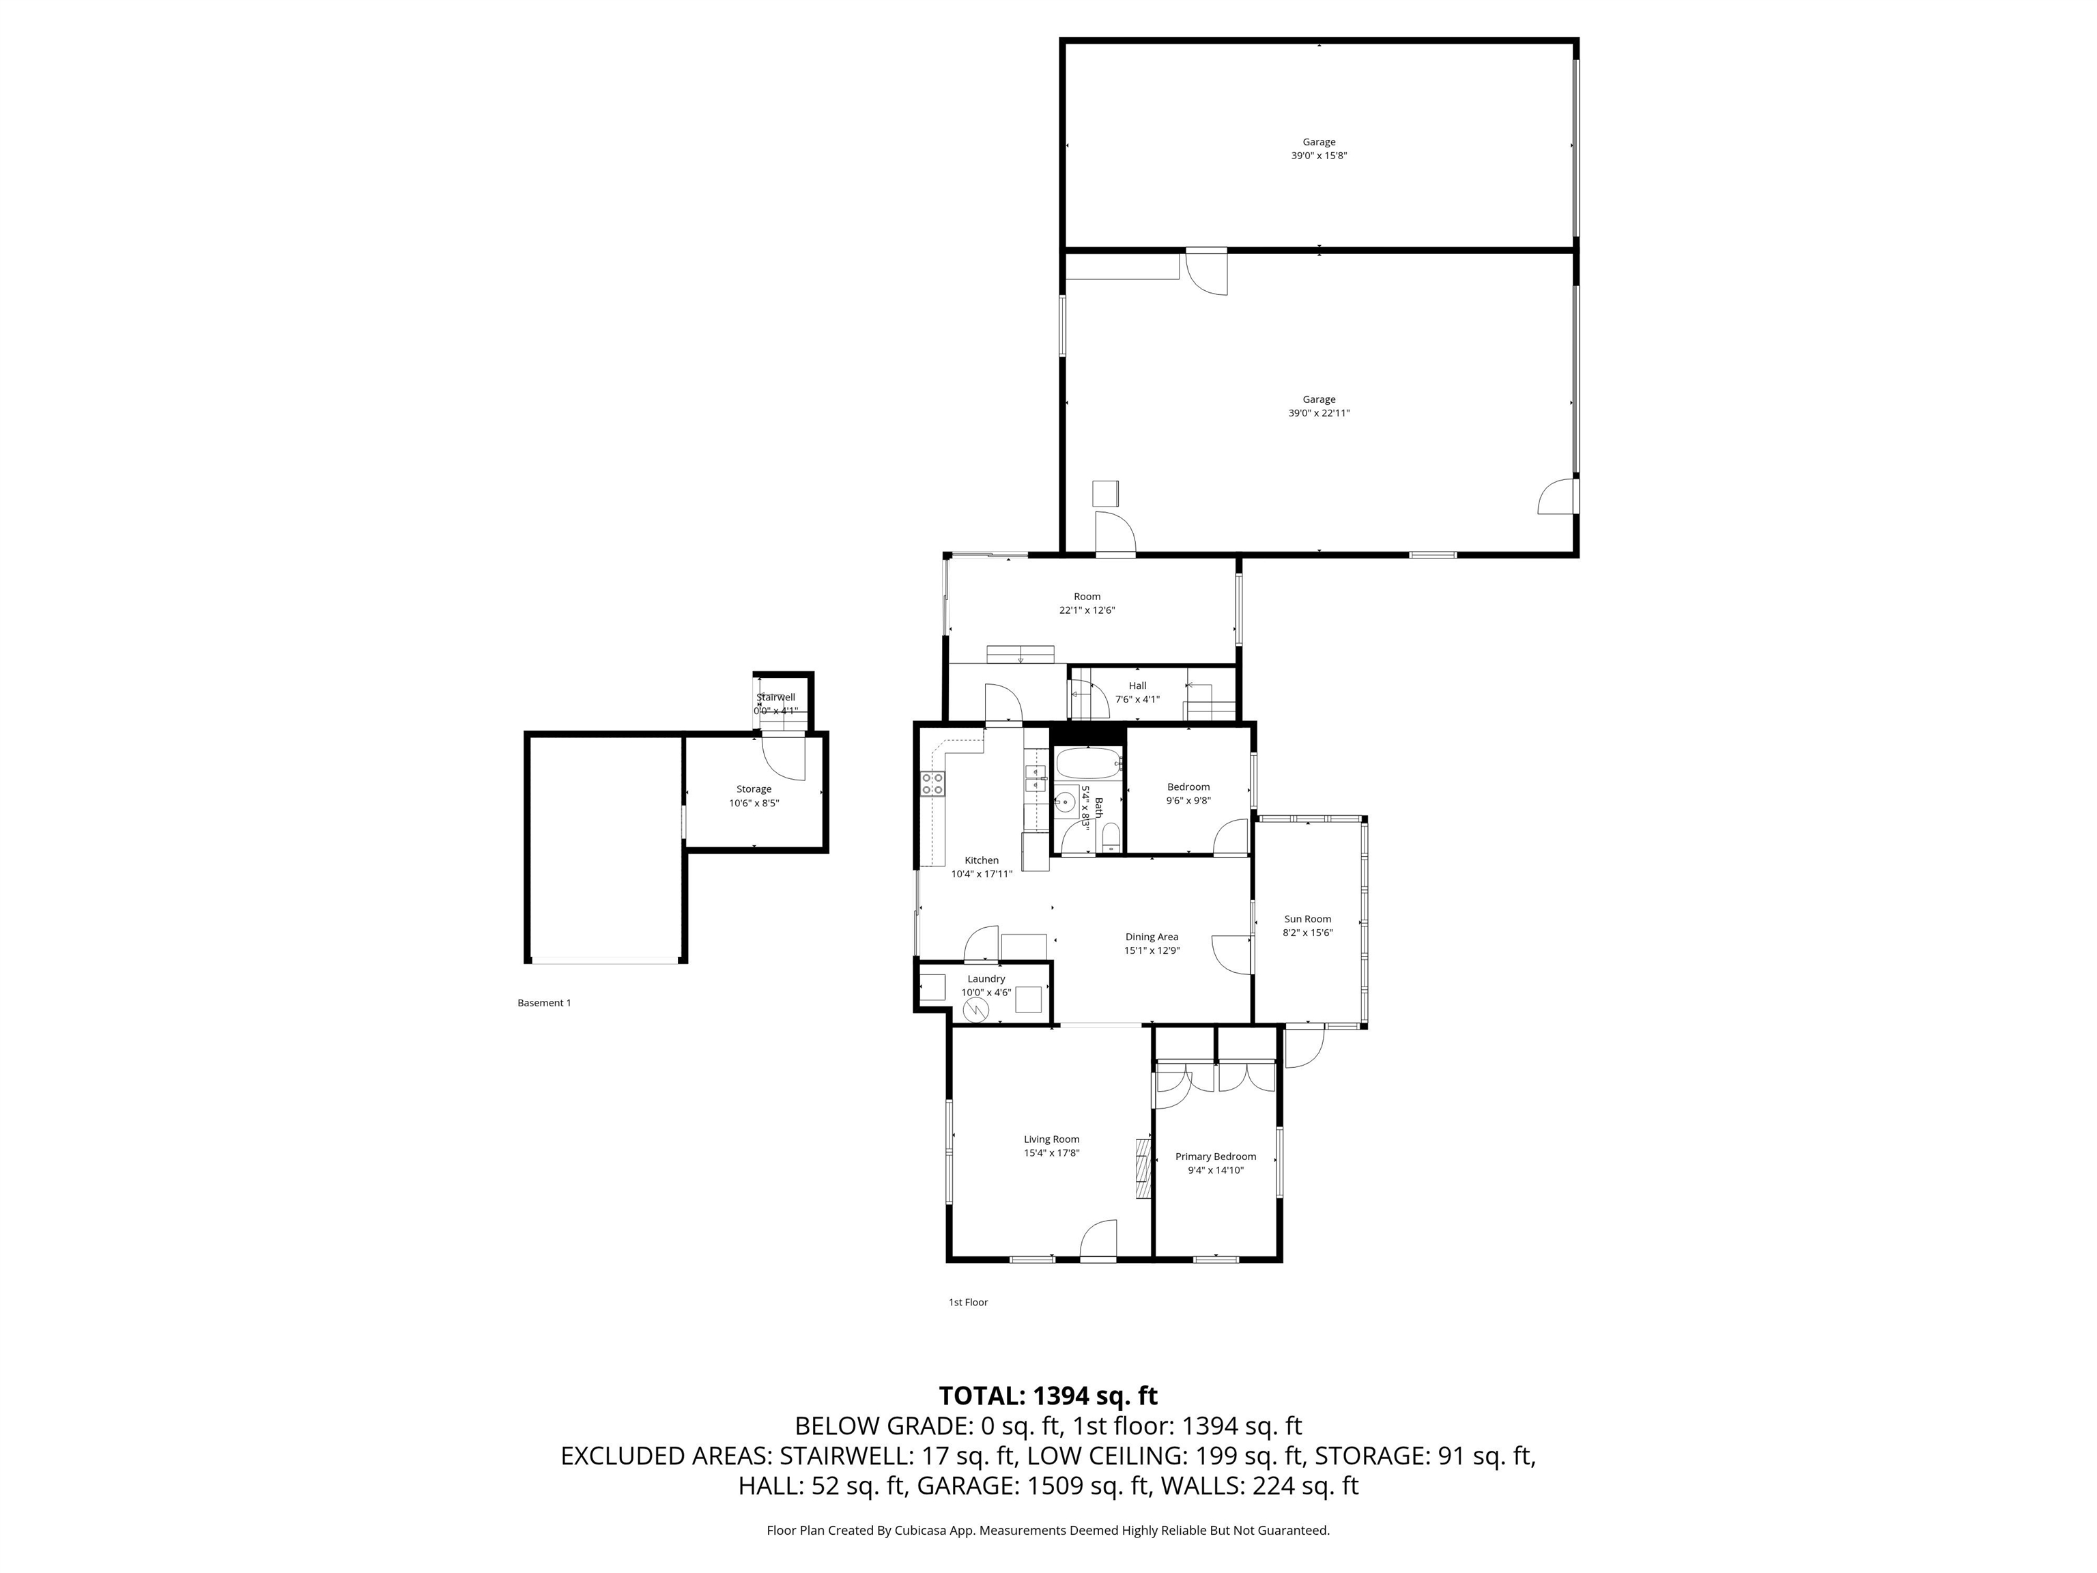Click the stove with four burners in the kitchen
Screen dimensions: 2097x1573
click(933, 783)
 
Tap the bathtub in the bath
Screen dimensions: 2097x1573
click(1088, 763)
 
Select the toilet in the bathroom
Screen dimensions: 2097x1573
click(1112, 839)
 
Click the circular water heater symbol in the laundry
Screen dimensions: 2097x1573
click(975, 1010)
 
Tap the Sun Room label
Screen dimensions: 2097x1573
click(1307, 919)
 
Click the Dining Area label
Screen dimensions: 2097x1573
click(1152, 937)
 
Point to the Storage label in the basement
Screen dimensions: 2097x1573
click(754, 789)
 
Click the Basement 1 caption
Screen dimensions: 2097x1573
click(544, 1002)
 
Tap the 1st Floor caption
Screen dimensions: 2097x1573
click(968, 1302)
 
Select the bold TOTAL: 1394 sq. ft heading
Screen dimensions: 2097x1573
click(1048, 1395)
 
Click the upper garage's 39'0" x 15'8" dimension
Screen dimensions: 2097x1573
click(1319, 156)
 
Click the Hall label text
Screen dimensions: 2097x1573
click(1138, 685)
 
